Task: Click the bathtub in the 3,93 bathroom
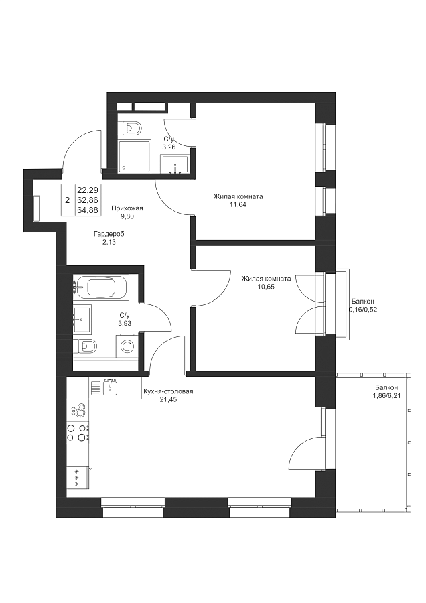(x=101, y=287)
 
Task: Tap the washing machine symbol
(x=127, y=346)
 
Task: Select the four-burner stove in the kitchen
(x=78, y=431)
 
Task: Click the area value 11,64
(x=238, y=204)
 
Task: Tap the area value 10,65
(x=266, y=287)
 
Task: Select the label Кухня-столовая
(x=168, y=391)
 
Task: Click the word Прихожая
(x=127, y=208)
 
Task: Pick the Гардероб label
(x=109, y=234)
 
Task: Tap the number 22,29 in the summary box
(x=88, y=190)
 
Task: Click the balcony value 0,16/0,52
(x=363, y=309)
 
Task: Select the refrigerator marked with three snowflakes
(x=78, y=477)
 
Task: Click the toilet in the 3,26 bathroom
(x=133, y=127)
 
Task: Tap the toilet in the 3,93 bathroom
(x=86, y=347)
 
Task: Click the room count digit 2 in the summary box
(x=67, y=200)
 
